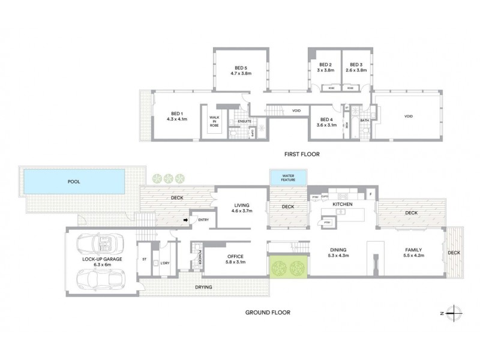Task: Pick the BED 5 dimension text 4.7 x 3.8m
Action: pos(241,73)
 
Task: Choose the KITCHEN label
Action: pos(342,205)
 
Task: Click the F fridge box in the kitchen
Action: pos(371,194)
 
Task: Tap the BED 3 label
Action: pos(356,65)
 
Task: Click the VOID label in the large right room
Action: pos(408,116)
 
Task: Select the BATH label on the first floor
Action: pos(364,121)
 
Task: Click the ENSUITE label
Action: pos(244,121)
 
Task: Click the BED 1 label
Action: pos(176,114)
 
